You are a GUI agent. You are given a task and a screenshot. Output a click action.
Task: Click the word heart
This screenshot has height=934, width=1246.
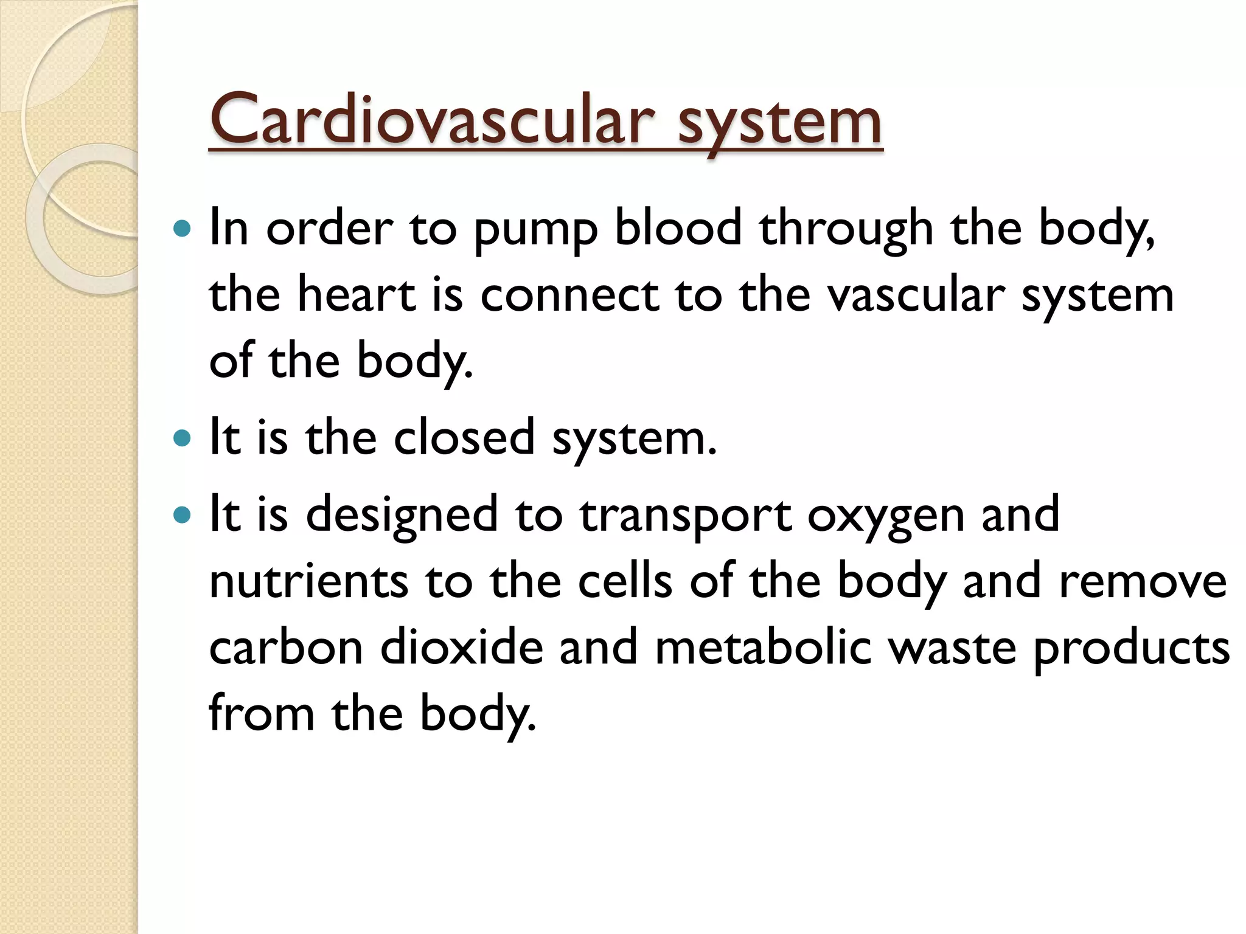(x=356, y=294)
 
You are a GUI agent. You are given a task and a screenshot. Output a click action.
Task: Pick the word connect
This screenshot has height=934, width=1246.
(x=569, y=296)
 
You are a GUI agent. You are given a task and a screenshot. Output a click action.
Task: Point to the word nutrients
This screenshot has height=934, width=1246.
(x=308, y=581)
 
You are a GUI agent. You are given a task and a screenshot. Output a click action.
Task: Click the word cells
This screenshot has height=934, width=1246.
(x=625, y=581)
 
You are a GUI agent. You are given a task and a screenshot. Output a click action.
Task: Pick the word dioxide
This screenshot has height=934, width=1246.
(x=461, y=646)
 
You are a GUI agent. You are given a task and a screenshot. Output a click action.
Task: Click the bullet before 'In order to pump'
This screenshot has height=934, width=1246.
(x=182, y=229)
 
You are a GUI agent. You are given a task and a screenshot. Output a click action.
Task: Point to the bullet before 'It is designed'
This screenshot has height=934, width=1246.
(x=182, y=515)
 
